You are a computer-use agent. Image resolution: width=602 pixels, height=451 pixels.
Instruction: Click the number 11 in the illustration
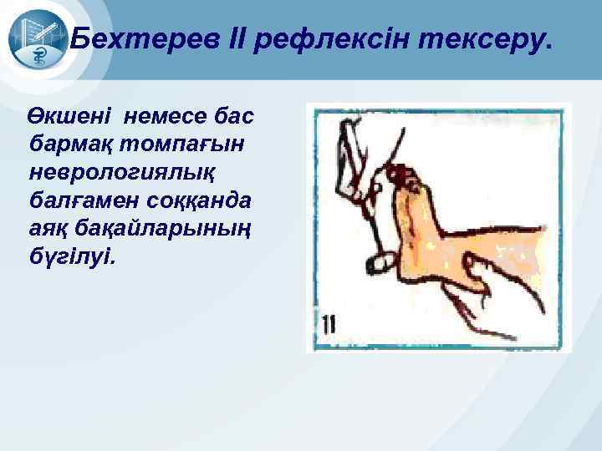pos(327,326)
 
